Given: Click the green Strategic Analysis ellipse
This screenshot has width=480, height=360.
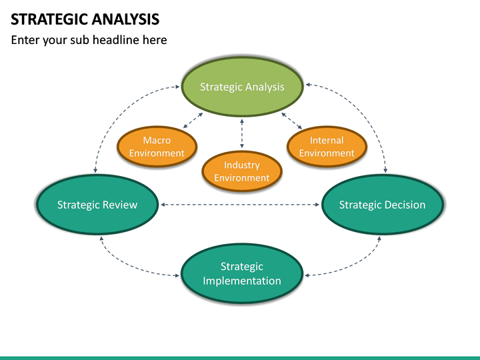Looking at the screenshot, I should [242, 87].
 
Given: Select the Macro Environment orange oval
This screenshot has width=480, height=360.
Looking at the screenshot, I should [157, 147].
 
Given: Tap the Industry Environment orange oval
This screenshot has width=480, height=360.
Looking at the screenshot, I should [242, 171].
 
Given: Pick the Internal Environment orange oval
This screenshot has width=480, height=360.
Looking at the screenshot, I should [327, 147].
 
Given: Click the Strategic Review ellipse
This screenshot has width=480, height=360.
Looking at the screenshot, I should [97, 205].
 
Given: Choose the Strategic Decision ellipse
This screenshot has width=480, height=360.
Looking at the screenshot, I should [382, 205].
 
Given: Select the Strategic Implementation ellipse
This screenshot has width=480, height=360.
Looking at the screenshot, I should [242, 274].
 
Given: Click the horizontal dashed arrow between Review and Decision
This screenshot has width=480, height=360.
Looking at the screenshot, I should [240, 205].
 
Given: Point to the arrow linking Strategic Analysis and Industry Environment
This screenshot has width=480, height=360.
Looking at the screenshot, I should [242, 133].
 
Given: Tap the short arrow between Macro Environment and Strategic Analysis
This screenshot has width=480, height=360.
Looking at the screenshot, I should [193, 121].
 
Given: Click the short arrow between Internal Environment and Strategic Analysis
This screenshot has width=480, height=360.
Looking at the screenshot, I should [291, 121].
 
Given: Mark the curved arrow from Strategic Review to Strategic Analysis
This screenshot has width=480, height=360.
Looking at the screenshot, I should [113, 120].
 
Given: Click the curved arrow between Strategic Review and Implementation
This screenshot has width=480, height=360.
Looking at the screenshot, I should [130, 263].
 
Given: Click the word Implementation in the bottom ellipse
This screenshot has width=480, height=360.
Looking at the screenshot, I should [242, 281].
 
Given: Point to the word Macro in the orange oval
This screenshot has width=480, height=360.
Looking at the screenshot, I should [157, 140].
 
